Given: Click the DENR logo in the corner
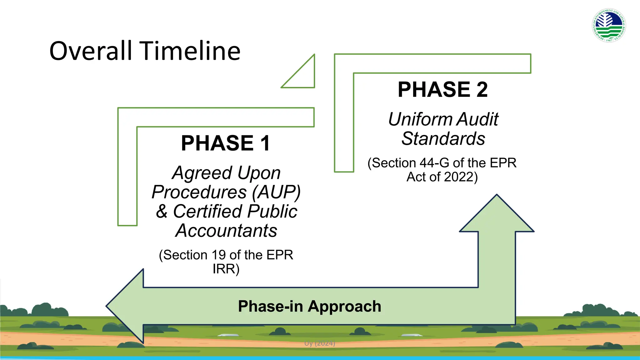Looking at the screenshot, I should click(x=609, y=25).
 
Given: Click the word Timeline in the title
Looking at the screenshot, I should click(x=190, y=51).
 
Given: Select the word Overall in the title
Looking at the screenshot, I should click(x=91, y=51).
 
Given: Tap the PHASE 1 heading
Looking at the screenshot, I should click(x=225, y=143).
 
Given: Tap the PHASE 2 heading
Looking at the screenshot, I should click(x=442, y=90).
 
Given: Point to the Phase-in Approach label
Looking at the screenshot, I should click(x=309, y=306).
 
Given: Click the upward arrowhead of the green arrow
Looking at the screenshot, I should click(x=497, y=216).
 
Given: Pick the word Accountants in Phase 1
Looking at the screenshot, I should click(x=226, y=231).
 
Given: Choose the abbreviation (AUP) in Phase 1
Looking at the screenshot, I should click(x=276, y=192).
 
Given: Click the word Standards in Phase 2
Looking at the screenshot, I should click(x=443, y=139).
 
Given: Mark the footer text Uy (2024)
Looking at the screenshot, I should click(x=320, y=343).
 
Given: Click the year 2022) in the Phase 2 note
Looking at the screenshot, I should click(x=461, y=177).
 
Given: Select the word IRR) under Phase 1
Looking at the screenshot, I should click(x=226, y=269).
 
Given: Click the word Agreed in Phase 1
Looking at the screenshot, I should click(x=202, y=173).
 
